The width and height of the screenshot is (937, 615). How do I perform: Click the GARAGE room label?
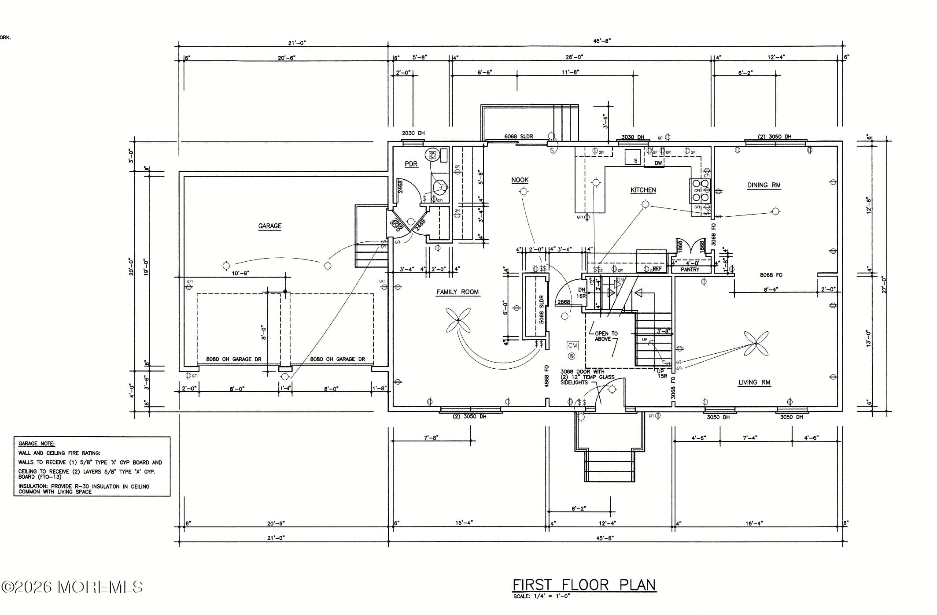point(269,226)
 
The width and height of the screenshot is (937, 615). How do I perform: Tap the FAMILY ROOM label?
point(457,292)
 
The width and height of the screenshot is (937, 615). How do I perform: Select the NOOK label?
point(520,180)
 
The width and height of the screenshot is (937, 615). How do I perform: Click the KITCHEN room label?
point(643,190)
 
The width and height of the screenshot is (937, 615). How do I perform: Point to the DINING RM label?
point(764,185)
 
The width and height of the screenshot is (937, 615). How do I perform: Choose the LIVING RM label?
point(754,382)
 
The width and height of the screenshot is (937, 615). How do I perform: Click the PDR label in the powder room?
point(411,164)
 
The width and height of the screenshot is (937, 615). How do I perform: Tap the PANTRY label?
point(690,270)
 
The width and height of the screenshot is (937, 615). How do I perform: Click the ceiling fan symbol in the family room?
point(458,320)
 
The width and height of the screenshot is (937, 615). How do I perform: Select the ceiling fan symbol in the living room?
point(756,343)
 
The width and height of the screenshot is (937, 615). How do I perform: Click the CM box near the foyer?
point(572,345)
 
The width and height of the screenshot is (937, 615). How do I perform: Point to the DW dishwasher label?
point(658,163)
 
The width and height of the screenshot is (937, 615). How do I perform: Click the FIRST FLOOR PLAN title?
point(584,585)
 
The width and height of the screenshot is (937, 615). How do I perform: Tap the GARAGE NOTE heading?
point(37,444)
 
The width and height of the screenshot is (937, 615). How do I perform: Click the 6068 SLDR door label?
point(518,137)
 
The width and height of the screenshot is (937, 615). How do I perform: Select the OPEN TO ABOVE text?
point(605,336)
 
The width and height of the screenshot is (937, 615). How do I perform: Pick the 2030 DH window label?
point(413,133)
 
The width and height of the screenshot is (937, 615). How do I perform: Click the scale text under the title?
point(541,596)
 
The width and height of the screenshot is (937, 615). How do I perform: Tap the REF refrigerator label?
point(657,268)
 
